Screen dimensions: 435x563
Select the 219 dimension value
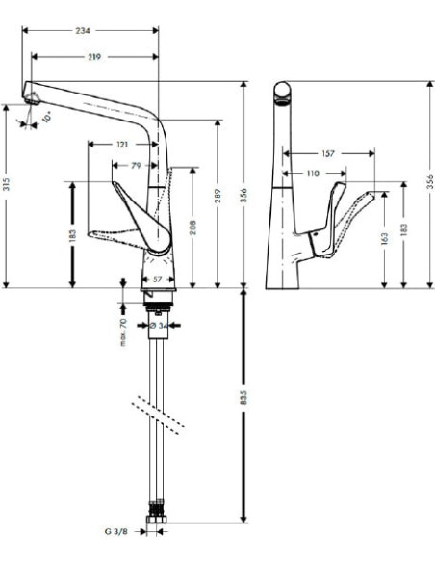pyautogui.click(x=94, y=58)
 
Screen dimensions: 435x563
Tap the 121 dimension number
pyautogui.click(x=122, y=144)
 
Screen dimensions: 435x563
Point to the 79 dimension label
pyautogui.click(x=136, y=165)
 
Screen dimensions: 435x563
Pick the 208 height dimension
pyautogui.click(x=197, y=228)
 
